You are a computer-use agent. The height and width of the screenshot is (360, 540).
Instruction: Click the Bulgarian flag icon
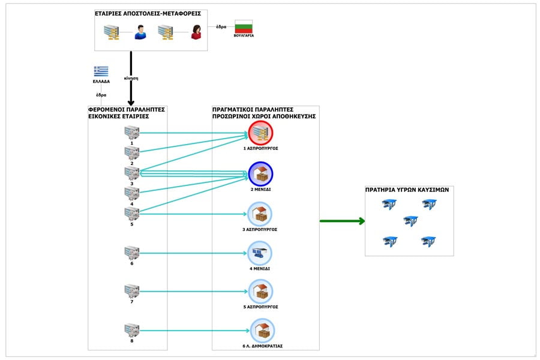[x=243, y=26]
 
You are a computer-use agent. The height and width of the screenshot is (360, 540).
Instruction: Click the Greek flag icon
[x=101, y=71]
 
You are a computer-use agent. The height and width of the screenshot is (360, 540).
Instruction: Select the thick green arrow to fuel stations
[x=342, y=221]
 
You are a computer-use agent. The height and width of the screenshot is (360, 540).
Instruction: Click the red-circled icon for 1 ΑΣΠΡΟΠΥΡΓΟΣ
[x=260, y=133]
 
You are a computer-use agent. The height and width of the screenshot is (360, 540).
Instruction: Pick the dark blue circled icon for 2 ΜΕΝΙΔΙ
[x=260, y=174]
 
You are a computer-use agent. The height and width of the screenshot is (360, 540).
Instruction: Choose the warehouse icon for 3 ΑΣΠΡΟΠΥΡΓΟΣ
[x=260, y=214]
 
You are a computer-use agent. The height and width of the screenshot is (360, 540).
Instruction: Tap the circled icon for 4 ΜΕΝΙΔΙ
[x=260, y=253]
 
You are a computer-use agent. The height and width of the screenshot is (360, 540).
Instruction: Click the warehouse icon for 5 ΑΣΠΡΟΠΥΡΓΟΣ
[x=260, y=292]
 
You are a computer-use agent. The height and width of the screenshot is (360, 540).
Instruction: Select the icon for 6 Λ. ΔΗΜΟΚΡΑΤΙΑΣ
[x=262, y=331]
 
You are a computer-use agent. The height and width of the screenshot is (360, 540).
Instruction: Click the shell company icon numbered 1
[x=131, y=133]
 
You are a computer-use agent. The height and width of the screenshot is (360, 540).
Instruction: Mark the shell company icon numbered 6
[x=131, y=253]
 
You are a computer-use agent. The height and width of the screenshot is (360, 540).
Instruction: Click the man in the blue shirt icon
[x=140, y=32]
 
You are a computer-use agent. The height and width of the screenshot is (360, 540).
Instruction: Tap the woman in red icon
[x=196, y=32]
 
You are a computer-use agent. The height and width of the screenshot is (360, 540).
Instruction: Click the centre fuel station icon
[x=410, y=221]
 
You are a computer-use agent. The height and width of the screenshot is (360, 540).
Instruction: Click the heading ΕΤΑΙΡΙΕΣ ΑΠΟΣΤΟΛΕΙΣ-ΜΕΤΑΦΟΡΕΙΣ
[x=148, y=13]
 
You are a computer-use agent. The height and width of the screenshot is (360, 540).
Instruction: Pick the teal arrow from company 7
[x=192, y=292]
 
